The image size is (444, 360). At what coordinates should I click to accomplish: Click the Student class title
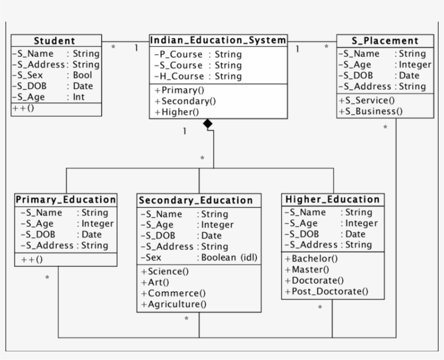click(55, 41)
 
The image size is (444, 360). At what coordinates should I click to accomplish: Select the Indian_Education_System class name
click(218, 41)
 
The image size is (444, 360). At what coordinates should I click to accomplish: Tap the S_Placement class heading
click(384, 41)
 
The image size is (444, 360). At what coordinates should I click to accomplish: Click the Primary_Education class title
click(66, 200)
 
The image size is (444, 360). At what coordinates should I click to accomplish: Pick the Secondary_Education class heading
click(196, 201)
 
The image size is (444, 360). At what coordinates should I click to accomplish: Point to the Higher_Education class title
click(332, 200)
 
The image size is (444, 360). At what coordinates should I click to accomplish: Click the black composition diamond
click(207, 124)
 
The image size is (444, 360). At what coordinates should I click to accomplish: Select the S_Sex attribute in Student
click(28, 75)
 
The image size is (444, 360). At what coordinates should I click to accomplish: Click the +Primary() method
click(175, 90)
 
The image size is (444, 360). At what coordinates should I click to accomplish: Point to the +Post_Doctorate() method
click(327, 292)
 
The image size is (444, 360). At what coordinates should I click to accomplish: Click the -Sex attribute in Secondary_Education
click(151, 258)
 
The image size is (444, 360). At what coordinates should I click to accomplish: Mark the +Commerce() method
click(173, 293)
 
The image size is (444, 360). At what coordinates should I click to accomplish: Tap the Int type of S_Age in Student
click(79, 97)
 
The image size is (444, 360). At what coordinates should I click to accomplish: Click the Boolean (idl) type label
click(230, 258)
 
